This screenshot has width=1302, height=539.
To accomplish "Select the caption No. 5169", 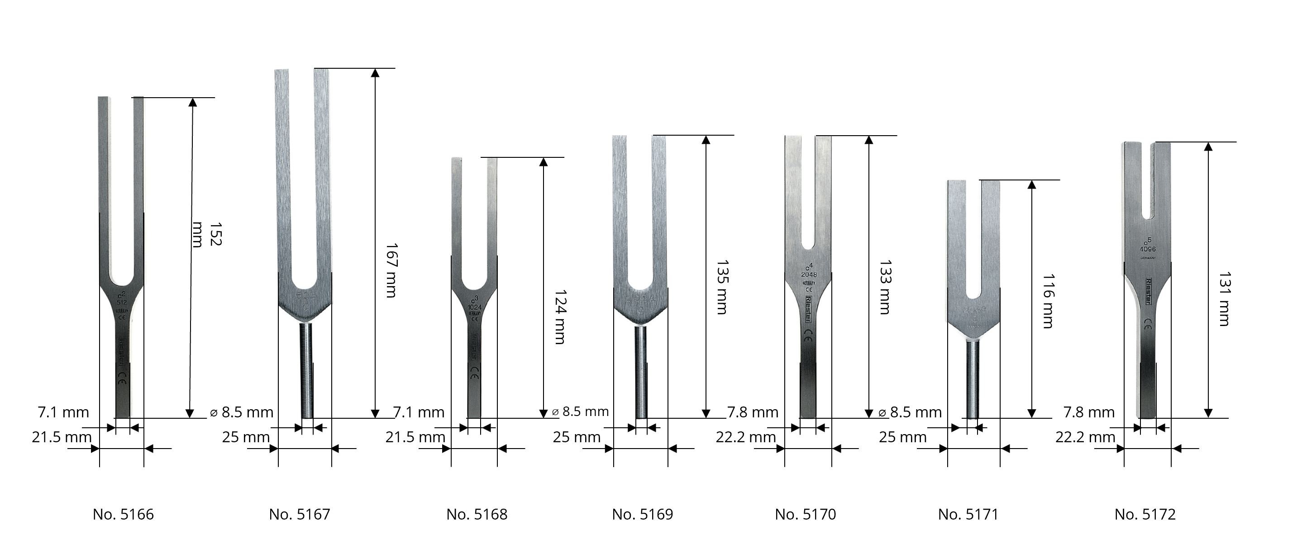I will [x=643, y=514].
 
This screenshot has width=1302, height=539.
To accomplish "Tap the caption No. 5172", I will [x=1145, y=514].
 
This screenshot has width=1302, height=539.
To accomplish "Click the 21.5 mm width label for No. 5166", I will [x=62, y=437].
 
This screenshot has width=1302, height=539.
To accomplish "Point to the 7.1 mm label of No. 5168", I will [x=419, y=412].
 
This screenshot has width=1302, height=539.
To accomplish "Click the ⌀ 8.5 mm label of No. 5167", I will [x=242, y=412].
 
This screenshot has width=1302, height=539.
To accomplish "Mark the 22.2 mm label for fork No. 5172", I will [x=1085, y=437].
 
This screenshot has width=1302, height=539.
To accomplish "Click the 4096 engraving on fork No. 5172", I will [x=1147, y=249].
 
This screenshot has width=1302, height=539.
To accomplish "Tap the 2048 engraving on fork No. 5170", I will [x=809, y=274].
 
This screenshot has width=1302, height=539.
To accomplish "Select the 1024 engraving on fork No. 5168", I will [x=474, y=306].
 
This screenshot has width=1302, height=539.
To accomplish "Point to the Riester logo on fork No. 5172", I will [x=1148, y=291].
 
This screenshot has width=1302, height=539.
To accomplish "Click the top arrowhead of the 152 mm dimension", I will [x=191, y=103].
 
